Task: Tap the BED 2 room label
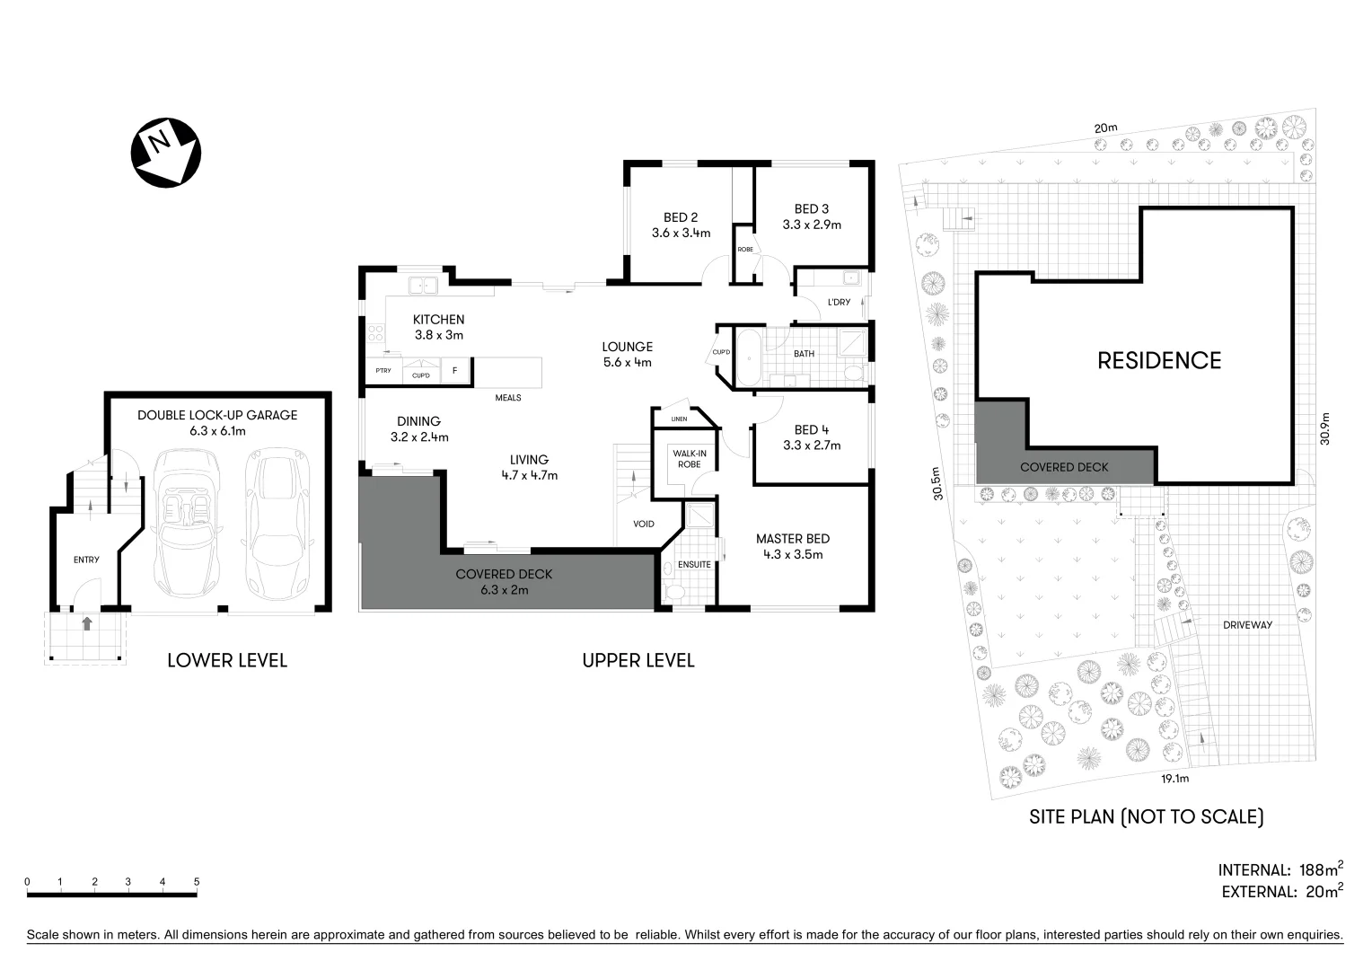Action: point(681,217)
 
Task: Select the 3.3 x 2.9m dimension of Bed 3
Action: point(812,225)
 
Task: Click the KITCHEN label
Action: point(438,320)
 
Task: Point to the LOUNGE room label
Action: point(627,347)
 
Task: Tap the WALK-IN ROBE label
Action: point(689,459)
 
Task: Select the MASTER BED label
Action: point(792,539)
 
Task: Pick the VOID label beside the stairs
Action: point(644,524)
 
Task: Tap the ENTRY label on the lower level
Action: point(86,560)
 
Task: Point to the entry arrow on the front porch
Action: point(87,623)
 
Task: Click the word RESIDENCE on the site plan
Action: point(1159,361)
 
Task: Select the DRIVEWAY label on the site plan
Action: point(1247,625)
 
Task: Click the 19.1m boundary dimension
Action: point(1174,779)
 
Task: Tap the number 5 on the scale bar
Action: point(196,882)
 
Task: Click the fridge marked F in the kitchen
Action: point(454,370)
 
